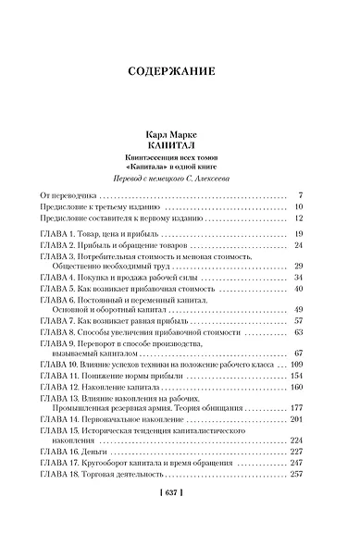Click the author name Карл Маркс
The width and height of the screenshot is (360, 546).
pyautogui.click(x=180, y=134)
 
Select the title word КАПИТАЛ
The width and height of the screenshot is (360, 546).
pyautogui.click(x=180, y=146)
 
